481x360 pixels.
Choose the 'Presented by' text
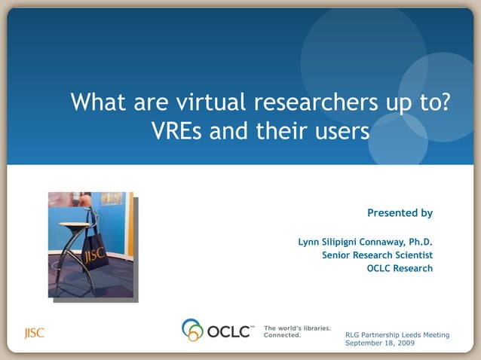pos(400,213)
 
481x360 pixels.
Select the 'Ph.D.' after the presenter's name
pos(421,242)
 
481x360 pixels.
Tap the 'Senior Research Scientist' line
pos(377,255)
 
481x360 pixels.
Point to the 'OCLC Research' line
pos(400,268)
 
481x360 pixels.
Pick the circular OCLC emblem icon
pos(193,330)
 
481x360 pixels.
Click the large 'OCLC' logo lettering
pos(231,331)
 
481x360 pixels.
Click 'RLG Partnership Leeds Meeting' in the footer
pos(397,334)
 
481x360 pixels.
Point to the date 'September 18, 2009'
pos(379,343)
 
